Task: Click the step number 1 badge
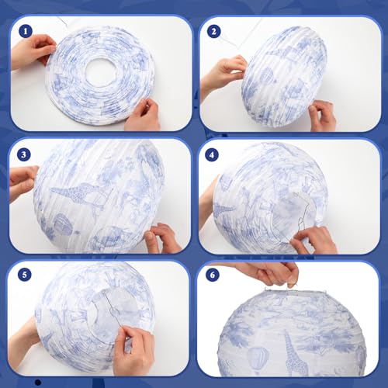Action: coord(26,32)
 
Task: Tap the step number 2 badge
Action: coord(213,32)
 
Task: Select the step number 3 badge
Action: coord(24,154)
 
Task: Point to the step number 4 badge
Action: coord(212,154)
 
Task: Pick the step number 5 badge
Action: coord(25,275)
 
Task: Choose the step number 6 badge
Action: coord(213,275)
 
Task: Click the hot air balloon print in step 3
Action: coord(63,224)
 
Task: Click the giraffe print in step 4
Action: coord(223,210)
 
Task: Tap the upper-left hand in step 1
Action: coord(33,51)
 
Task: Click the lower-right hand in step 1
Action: coord(144,115)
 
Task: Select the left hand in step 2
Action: coord(223,75)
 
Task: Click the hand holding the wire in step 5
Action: coord(130,349)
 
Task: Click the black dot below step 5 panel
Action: coord(38,382)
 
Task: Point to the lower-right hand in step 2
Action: coord(322,115)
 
